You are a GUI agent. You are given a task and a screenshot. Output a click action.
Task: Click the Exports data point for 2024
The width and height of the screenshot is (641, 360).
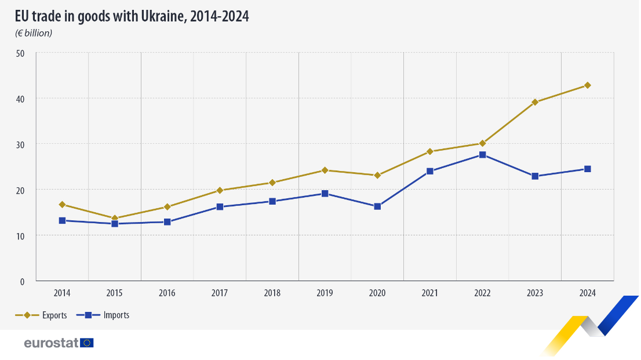pos(587,85)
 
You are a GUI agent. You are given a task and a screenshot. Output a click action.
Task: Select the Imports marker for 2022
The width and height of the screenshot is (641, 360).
pos(482,155)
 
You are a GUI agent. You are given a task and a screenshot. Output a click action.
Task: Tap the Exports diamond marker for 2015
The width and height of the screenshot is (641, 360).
pos(115,219)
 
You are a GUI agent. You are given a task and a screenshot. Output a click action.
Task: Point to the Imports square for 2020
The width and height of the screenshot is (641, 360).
pos(377,206)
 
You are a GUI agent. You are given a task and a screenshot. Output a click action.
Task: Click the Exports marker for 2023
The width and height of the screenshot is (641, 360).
pos(535,102)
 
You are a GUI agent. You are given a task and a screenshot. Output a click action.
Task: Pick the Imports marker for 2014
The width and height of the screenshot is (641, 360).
pos(62,220)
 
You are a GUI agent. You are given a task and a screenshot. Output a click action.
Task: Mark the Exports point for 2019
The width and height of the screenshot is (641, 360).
pos(325,170)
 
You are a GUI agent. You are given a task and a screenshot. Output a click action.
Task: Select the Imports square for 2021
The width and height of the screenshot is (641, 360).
pos(430,171)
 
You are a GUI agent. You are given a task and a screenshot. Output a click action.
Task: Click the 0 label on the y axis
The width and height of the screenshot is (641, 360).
pos(23,282)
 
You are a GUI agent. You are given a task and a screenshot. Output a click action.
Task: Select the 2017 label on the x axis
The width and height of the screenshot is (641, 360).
pos(220,293)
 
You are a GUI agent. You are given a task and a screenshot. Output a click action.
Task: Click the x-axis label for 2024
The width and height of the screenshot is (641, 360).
pos(587,293)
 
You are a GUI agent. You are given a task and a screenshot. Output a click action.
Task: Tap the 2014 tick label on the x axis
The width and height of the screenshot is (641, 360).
pos(62,293)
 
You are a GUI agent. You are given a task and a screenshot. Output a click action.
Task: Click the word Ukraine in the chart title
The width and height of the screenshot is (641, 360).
pos(163,17)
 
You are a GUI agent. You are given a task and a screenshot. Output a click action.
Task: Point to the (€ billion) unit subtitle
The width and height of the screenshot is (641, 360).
pos(34,33)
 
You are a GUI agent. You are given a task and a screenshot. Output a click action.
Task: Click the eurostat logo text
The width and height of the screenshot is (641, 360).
pos(51,343)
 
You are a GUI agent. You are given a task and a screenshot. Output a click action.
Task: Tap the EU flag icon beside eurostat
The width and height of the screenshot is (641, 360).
pos(87,343)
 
